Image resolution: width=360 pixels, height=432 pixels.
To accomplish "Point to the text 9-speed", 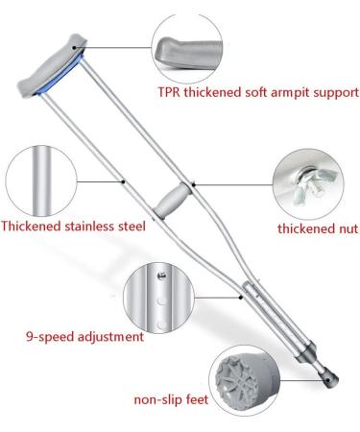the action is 51,336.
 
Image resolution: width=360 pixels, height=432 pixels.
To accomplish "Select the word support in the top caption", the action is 333,93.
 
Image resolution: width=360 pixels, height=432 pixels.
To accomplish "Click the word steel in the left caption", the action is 129,227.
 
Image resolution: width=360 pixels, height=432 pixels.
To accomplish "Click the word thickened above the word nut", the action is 303,228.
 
